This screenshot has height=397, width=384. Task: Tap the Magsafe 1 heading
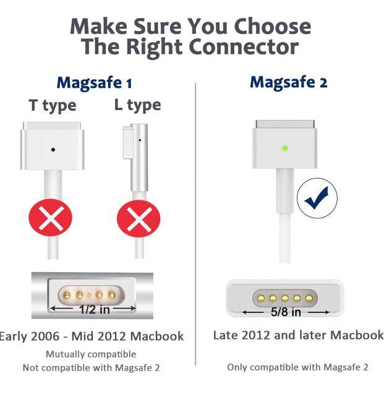click(x=94, y=82)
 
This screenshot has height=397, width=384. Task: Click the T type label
click(x=53, y=106)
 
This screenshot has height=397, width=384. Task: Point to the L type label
click(x=137, y=106)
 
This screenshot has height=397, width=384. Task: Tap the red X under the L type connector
click(x=134, y=218)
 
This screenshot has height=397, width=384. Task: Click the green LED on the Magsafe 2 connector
click(x=284, y=148)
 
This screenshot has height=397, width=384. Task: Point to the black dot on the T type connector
click(x=53, y=149)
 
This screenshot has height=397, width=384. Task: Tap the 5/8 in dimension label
click(x=287, y=312)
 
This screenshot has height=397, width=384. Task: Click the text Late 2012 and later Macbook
click(x=298, y=335)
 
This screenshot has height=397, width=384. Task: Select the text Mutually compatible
click(x=91, y=354)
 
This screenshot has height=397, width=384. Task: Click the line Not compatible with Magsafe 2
click(x=91, y=367)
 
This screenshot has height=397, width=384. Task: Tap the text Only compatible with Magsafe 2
click(x=297, y=367)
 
